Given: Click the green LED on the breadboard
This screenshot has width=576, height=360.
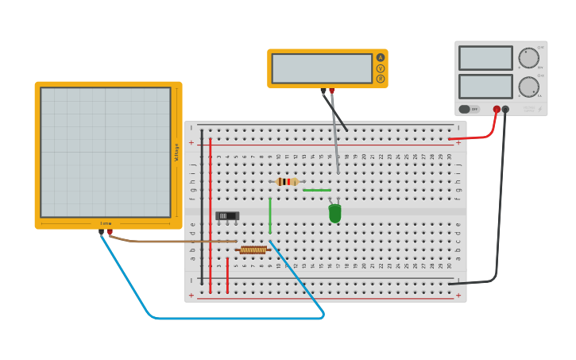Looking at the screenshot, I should (x=334, y=213).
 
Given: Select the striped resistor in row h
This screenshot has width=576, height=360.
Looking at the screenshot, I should (x=287, y=182).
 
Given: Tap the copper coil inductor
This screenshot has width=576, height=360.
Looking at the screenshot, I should (x=253, y=250).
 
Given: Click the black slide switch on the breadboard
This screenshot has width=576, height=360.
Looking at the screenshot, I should (x=227, y=215).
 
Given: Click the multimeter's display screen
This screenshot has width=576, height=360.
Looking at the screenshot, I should (x=321, y=68).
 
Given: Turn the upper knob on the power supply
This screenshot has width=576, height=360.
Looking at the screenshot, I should (x=528, y=58).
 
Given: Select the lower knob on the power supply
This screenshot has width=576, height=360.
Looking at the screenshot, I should (x=528, y=87).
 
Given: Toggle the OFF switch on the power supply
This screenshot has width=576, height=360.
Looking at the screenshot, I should (x=468, y=109).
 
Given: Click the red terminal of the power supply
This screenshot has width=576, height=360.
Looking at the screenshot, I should (x=497, y=109).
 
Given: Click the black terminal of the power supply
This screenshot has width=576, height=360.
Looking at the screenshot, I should (x=505, y=109).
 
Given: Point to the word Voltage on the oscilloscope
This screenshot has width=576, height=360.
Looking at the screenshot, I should (x=176, y=152).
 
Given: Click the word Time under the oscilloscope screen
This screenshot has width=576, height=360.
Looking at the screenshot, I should (x=106, y=223).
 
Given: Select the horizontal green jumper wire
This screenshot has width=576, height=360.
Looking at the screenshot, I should (x=317, y=190).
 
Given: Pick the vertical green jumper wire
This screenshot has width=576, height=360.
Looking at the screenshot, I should (x=270, y=215).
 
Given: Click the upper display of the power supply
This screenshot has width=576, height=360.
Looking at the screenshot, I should (x=485, y=58).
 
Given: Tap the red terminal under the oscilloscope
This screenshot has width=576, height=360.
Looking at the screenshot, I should (x=110, y=232).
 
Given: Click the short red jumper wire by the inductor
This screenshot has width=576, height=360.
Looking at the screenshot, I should (x=227, y=274).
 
